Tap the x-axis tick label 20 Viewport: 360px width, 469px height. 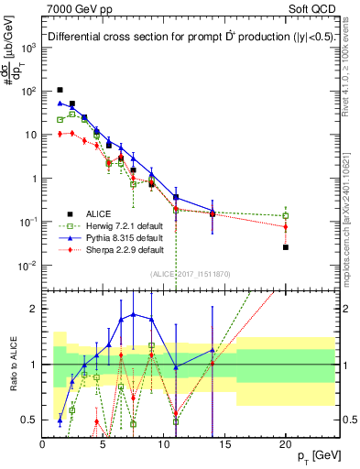[285, 443]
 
